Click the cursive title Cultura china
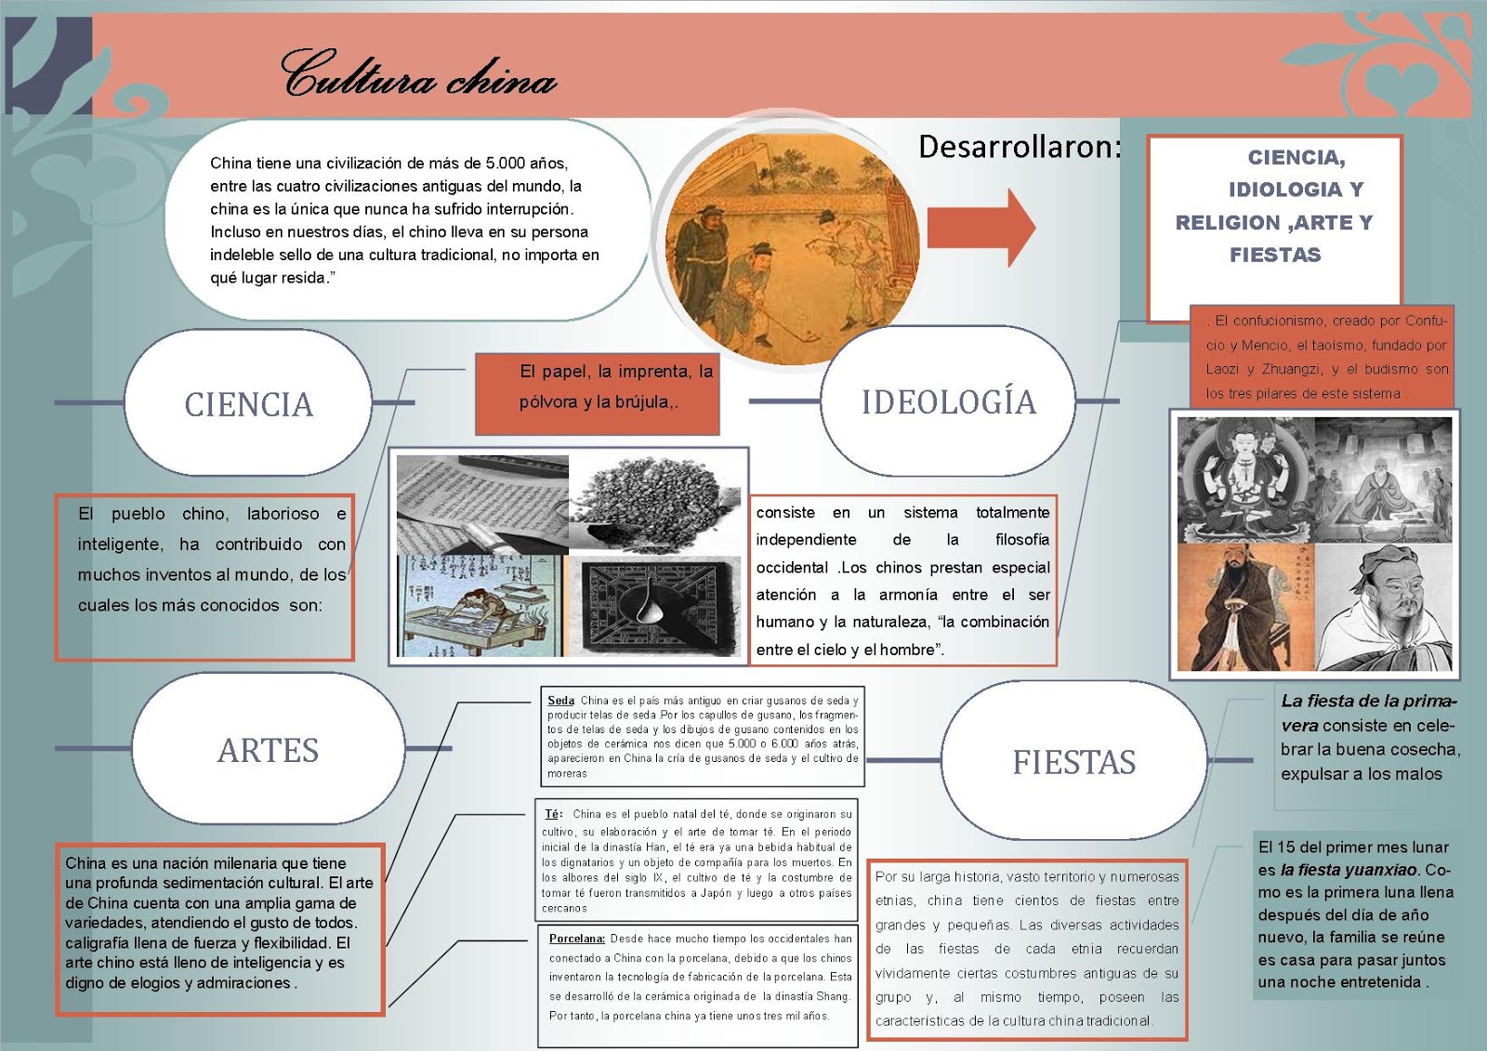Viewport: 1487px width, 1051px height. point(418,74)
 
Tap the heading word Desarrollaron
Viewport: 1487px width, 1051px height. point(1019,147)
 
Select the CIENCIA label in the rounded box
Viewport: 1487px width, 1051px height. point(249,405)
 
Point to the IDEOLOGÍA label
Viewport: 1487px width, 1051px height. point(948,402)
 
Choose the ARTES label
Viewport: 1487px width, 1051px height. point(268,751)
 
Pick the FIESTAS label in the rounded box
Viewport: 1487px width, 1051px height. point(1073,763)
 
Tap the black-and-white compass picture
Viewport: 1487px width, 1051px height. point(657,606)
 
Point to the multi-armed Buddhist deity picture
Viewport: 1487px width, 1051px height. point(1245,479)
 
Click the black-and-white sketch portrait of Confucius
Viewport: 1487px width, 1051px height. point(1383,607)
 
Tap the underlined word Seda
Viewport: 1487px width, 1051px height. point(560,701)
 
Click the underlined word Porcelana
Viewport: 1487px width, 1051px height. point(576,939)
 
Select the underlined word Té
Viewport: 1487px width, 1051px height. point(553,814)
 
